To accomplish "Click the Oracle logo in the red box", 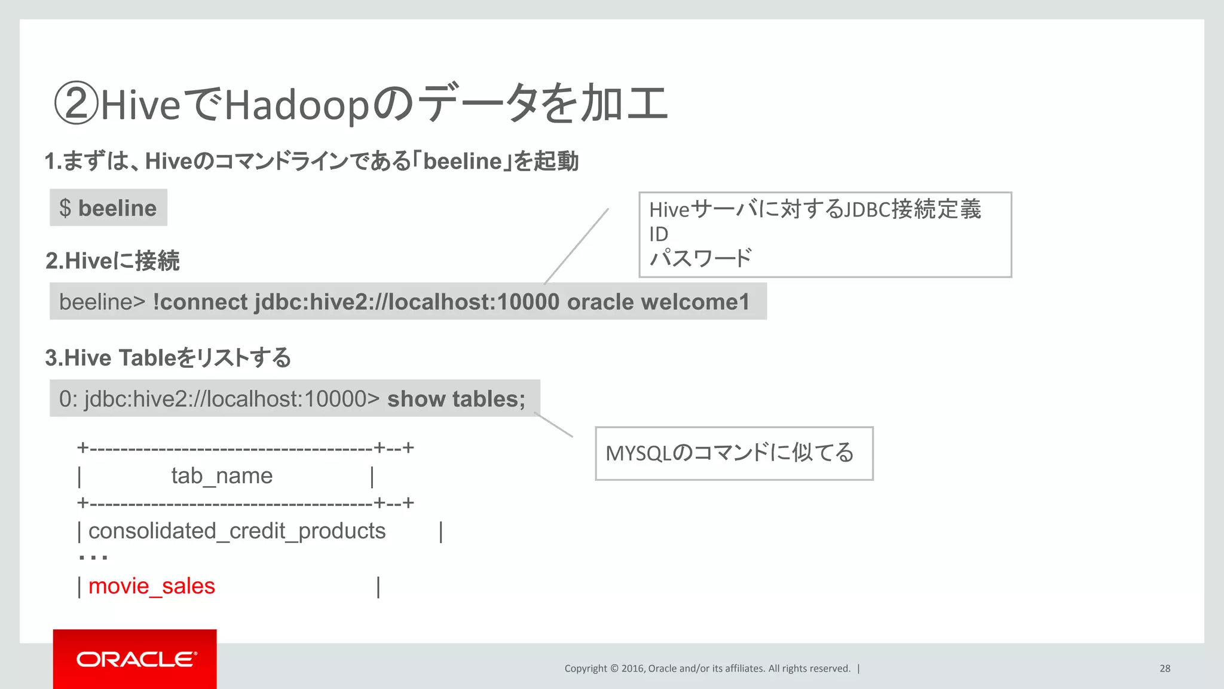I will (136, 659).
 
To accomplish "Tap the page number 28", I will (1165, 669).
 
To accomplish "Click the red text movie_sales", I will (152, 586).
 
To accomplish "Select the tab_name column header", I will (222, 476).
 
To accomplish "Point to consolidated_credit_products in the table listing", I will (237, 531).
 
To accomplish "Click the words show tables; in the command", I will (456, 399).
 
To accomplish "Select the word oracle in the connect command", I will (600, 302).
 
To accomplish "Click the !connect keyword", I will (200, 302).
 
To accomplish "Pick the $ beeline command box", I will (108, 208).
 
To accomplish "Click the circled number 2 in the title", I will (76, 103).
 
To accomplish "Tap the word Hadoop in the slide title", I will (297, 105).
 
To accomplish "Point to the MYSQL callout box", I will (734, 453).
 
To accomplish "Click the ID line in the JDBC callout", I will (659, 234).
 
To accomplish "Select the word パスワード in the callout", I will (700, 258).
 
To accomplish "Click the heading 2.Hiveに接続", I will (112, 261).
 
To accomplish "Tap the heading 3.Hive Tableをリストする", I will (168, 358).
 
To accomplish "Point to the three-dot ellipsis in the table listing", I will (93, 558).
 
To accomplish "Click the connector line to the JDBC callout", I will (577, 246).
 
